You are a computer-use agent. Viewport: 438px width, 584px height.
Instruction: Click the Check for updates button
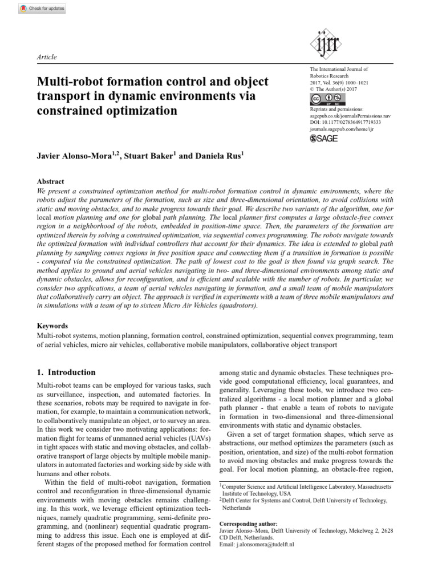tap(42, 9)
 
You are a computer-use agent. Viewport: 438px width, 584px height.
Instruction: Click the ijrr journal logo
tap(324, 43)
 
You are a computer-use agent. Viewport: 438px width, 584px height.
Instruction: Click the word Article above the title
tap(47, 57)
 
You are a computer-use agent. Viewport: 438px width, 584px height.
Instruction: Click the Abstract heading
tap(50, 182)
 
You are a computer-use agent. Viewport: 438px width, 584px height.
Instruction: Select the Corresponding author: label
tap(249, 524)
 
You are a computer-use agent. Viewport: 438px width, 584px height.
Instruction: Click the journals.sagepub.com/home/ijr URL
tap(341, 129)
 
